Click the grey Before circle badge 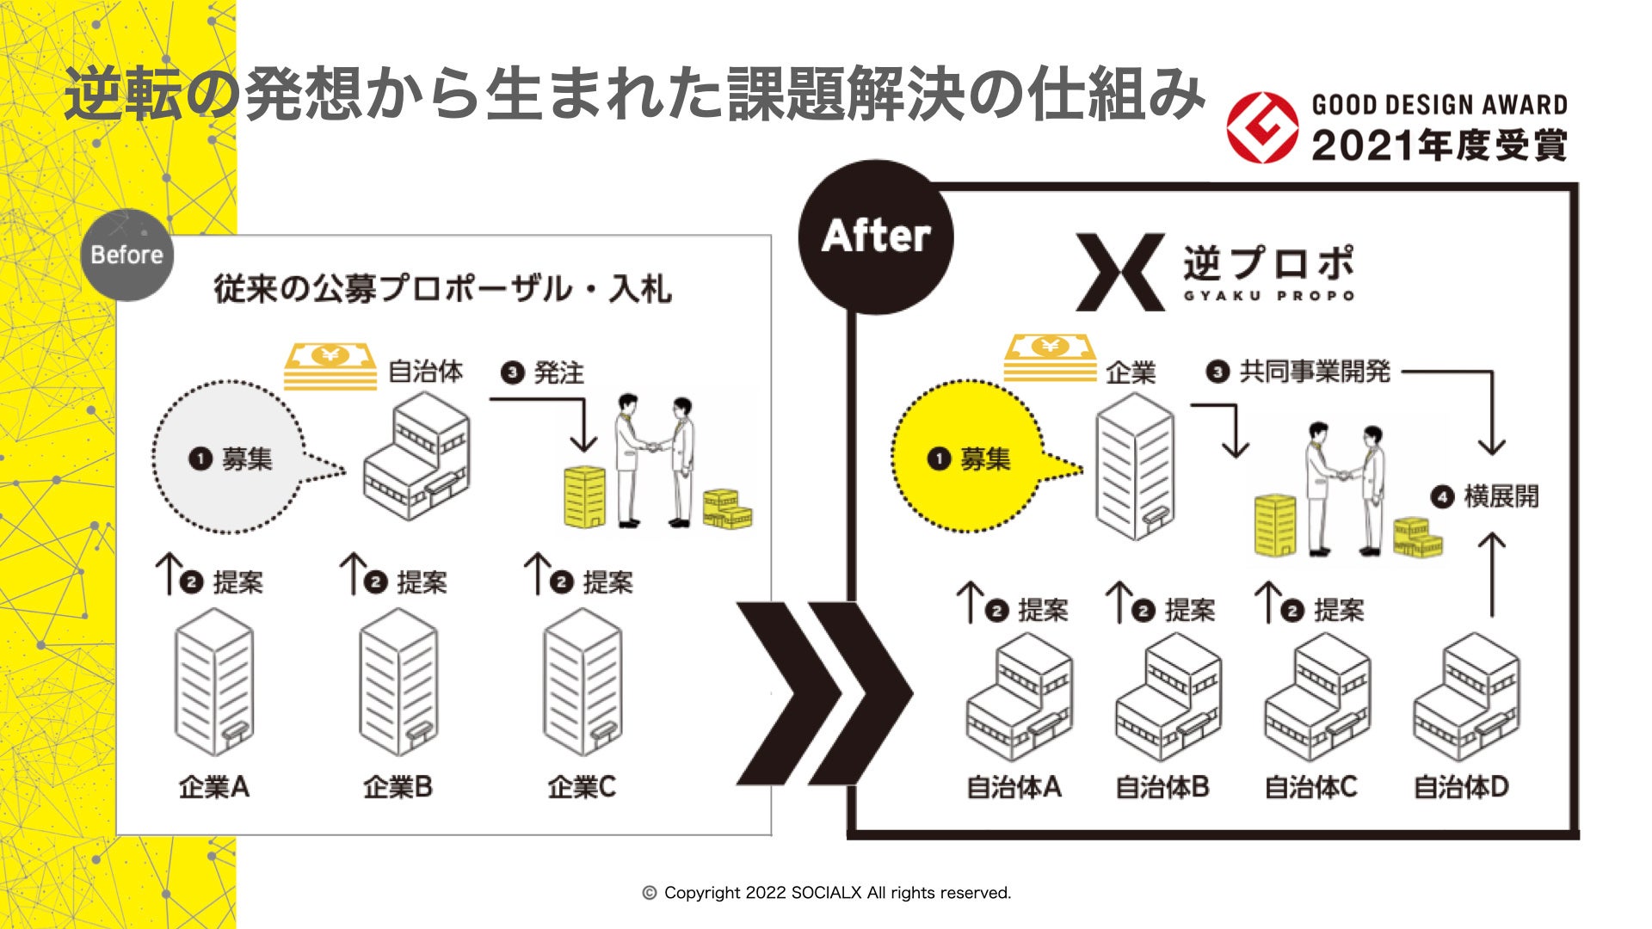[126, 255]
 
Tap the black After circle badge [876, 236]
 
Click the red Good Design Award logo [1261, 128]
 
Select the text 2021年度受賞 [1439, 145]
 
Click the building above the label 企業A [214, 683]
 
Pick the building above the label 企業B [398, 683]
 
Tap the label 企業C [582, 786]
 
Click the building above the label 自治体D [1466, 697]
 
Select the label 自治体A [1014, 786]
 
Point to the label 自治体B [1162, 786]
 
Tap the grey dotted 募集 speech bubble [231, 458]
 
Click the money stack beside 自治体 [330, 366]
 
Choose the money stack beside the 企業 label [1051, 358]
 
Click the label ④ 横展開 [1485, 496]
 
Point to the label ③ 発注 [544, 372]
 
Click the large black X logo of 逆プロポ [1120, 272]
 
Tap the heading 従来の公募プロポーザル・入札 [442, 289]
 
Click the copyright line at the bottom [827, 893]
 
